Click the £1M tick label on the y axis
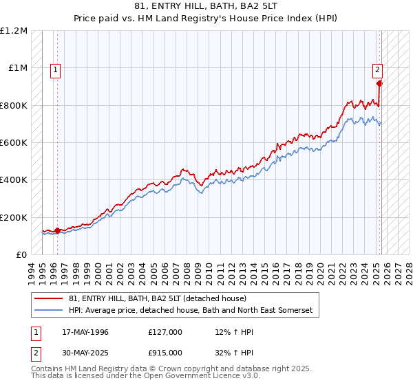pyautogui.click(x=19, y=68)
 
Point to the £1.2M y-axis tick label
pyautogui.click(x=14, y=31)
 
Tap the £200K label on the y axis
pyautogui.click(x=14, y=217)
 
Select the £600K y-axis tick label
pyautogui.click(x=14, y=143)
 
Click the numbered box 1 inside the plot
pyautogui.click(x=54, y=69)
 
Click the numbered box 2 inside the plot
pyautogui.click(x=378, y=69)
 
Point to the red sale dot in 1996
pyautogui.click(x=57, y=231)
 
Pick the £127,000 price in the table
pyautogui.click(x=166, y=332)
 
